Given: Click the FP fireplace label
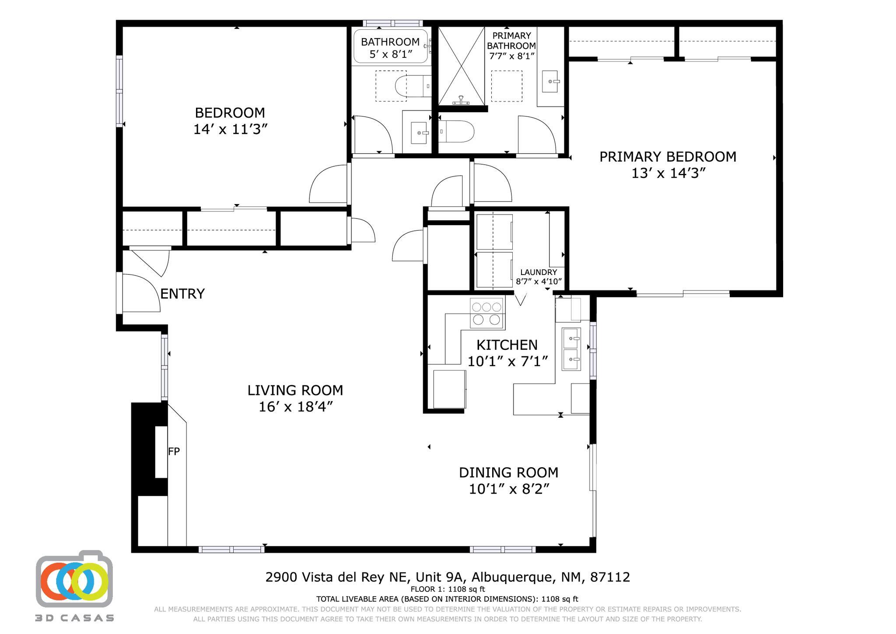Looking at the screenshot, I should pyautogui.click(x=174, y=451).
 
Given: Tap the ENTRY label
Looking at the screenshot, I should pyautogui.click(x=182, y=294).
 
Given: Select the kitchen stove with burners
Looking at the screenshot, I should pyautogui.click(x=487, y=313).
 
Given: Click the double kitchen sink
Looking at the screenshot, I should pyautogui.click(x=571, y=349).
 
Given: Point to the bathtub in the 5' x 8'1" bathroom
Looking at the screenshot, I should pyautogui.click(x=390, y=46).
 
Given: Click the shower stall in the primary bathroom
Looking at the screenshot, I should pyautogui.click(x=461, y=66).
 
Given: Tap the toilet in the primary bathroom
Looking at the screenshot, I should pyautogui.click(x=457, y=131).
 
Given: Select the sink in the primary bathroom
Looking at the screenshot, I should pyautogui.click(x=550, y=81).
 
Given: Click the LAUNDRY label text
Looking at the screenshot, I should pyautogui.click(x=539, y=272).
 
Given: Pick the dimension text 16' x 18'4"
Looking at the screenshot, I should pyautogui.click(x=296, y=407).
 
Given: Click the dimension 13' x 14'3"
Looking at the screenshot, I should pyautogui.click(x=668, y=173).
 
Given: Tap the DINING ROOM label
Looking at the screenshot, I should pyautogui.click(x=508, y=472).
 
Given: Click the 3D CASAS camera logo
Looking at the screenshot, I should pyautogui.click(x=74, y=580).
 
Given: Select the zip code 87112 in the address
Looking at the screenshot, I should pyautogui.click(x=610, y=577).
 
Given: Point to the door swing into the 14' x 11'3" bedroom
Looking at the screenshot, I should pyautogui.click(x=329, y=184).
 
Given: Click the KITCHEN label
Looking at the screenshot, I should pyautogui.click(x=507, y=345).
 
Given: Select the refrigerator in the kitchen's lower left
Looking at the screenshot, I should pyautogui.click(x=449, y=389).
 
